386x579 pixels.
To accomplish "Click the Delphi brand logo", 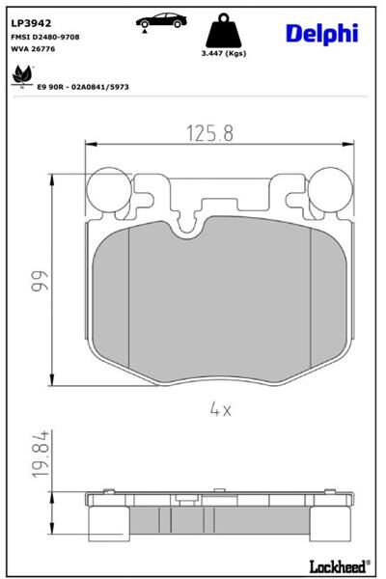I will pyautogui.click(x=321, y=34).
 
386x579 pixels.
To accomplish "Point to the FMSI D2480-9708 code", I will pyautogui.click(x=46, y=36).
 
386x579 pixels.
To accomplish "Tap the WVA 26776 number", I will pyautogui.click(x=34, y=48).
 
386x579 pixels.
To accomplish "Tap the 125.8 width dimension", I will pyautogui.click(x=207, y=133).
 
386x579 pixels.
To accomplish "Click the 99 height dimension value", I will pyautogui.click(x=39, y=281).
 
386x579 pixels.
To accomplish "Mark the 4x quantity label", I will pyautogui.click(x=220, y=409).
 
